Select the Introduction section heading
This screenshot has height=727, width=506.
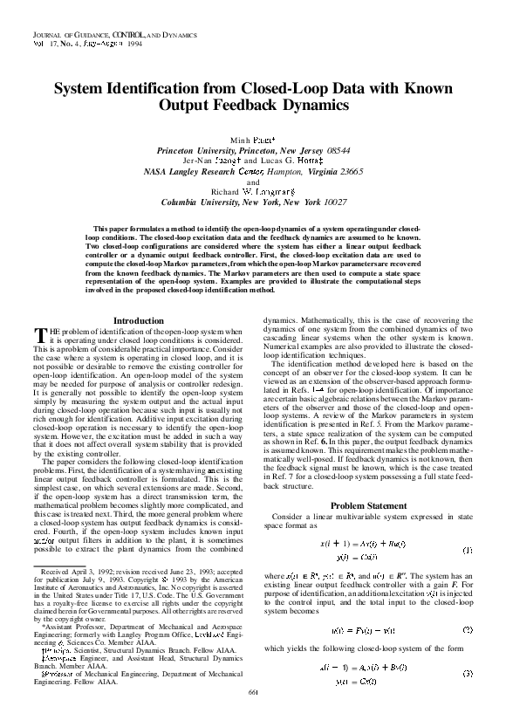[139, 321]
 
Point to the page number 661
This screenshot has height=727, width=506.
[254, 717]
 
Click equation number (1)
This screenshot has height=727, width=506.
[468, 525]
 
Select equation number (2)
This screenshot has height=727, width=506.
[468, 605]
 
